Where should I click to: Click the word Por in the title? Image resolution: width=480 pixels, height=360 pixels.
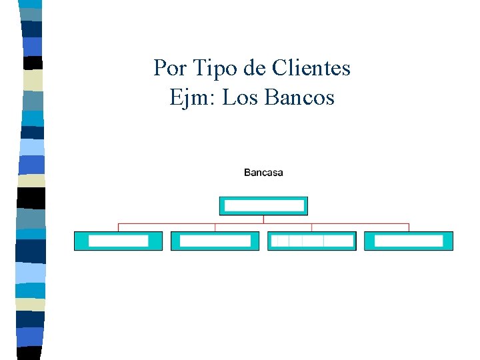click(168, 68)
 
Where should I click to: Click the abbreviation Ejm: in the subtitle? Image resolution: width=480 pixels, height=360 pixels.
click(193, 99)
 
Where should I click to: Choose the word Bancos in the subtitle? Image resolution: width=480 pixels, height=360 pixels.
click(299, 99)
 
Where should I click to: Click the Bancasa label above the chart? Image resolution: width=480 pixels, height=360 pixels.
click(263, 173)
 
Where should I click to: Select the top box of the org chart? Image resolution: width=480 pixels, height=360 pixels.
click(263, 206)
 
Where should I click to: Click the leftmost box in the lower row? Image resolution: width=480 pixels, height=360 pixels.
click(118, 241)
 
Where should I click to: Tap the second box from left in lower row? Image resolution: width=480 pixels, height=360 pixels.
click(215, 241)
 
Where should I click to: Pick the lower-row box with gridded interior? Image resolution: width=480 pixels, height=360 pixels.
click(312, 241)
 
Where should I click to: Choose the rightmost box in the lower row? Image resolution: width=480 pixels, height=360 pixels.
click(409, 241)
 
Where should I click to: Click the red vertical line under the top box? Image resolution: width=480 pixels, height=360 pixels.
click(263, 219)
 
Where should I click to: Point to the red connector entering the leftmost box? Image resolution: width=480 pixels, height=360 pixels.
click(118, 227)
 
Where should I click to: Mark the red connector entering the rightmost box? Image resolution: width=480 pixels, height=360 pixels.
click(409, 227)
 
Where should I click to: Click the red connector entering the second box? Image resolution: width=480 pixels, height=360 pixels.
click(215, 227)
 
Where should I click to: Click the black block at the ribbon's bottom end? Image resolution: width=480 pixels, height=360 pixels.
click(29, 353)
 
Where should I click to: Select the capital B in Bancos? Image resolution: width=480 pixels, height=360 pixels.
click(271, 99)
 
